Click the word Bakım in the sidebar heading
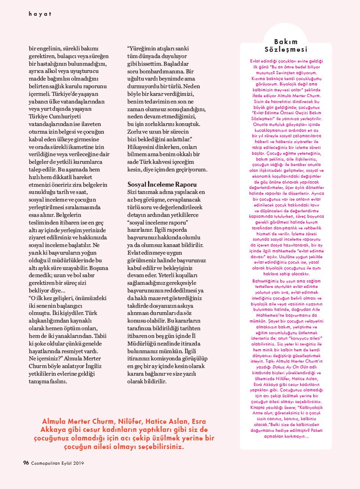coord(286,41)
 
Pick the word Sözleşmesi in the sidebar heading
coord(286,49)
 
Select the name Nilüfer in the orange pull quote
coord(132,421)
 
